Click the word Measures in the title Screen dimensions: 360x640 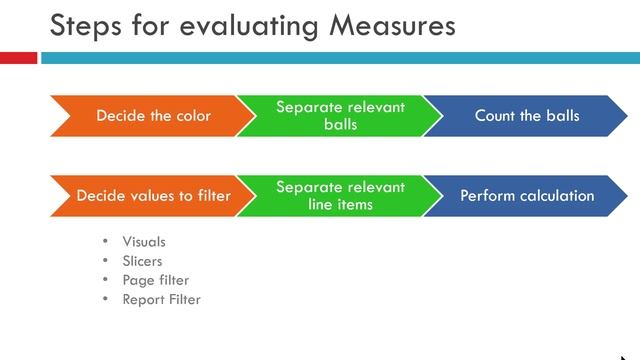coord(391,24)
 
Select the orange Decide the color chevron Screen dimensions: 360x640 coord(150,116)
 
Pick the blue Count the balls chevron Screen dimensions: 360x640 coord(526,116)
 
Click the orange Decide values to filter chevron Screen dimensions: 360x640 coord(150,196)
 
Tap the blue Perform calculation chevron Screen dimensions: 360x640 coord(526,196)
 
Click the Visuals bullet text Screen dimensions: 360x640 coord(144,242)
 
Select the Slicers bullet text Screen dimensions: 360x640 coord(142,261)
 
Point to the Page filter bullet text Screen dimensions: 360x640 coord(155,280)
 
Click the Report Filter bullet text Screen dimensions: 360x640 coord(161,299)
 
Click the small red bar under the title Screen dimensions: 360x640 coord(18,59)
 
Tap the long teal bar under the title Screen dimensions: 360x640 coord(340,59)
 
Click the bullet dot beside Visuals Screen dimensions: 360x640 coord(106,242)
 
